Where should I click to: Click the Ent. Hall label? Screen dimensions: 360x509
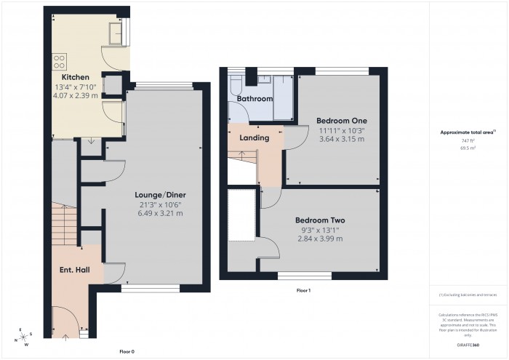[73, 270]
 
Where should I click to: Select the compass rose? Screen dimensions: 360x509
[24, 335]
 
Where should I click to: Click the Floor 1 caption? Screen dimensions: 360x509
[303, 290]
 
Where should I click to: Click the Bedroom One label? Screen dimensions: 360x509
[341, 120]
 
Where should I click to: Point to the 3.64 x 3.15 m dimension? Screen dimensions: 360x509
[341, 139]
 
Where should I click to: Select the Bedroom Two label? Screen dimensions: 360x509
[319, 220]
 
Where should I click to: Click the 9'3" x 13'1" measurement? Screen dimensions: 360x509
[319, 230]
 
